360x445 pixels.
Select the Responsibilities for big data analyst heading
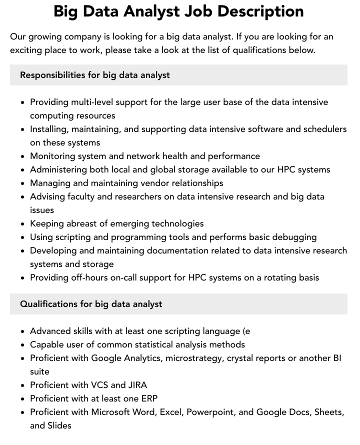(95, 75)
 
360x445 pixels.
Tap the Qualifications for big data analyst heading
(91, 304)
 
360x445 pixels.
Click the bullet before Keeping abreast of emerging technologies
(23, 224)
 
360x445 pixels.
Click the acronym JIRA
(137, 385)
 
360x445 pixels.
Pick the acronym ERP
(148, 398)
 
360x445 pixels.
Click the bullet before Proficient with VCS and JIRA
(23, 385)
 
